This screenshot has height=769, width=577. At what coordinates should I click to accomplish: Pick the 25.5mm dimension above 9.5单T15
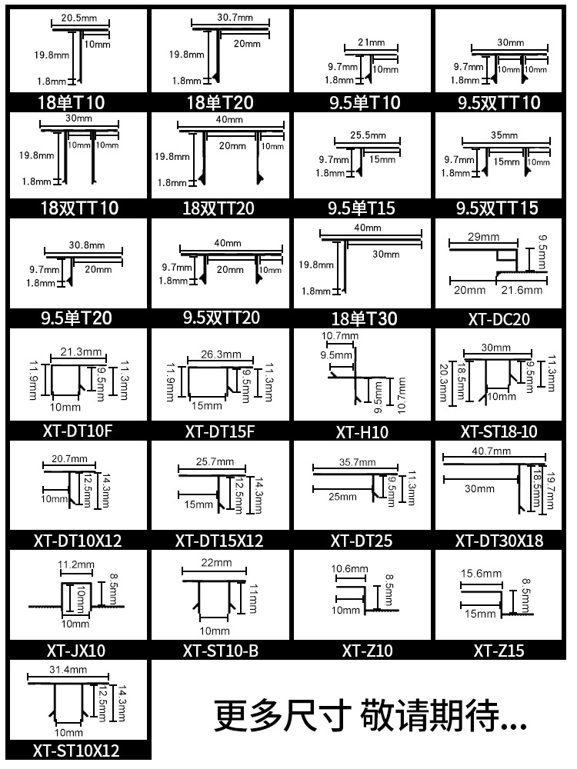[367, 135]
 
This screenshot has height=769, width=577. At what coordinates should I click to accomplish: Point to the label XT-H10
[362, 432]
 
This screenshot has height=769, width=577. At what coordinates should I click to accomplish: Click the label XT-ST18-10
[499, 431]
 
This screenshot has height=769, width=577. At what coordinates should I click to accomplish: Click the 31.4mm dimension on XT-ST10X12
[69, 671]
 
